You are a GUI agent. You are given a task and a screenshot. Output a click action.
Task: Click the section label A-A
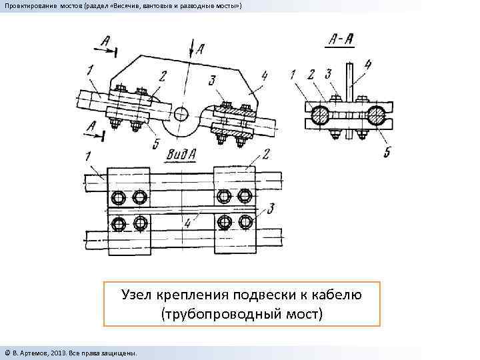(341, 39)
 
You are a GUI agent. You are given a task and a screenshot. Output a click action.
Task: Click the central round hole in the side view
(183, 111)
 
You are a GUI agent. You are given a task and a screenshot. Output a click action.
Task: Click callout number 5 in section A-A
(387, 151)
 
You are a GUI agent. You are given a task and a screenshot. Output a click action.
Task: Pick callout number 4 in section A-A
(367, 65)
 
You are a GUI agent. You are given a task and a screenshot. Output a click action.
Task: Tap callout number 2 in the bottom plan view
(266, 155)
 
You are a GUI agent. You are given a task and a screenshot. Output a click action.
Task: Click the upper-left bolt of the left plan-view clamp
(119, 197)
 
